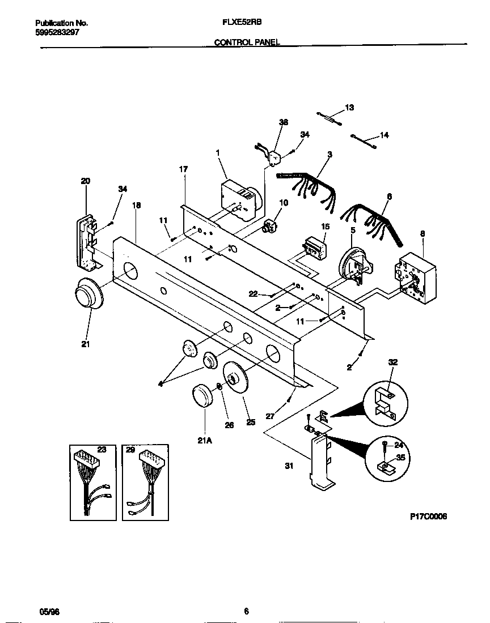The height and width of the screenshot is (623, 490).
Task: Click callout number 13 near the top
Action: pyautogui.click(x=349, y=107)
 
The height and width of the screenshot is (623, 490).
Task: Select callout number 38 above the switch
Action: pyautogui.click(x=283, y=122)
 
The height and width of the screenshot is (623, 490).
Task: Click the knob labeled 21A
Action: pyautogui.click(x=202, y=395)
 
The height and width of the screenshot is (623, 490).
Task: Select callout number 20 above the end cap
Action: pyautogui.click(x=86, y=181)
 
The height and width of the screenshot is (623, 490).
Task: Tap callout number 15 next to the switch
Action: pyautogui.click(x=325, y=226)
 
